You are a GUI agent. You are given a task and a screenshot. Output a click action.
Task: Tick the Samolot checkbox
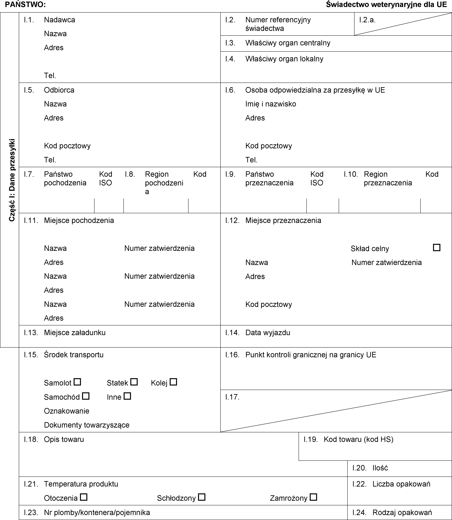click(x=77, y=382)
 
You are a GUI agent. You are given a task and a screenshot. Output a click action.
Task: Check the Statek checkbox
click(x=134, y=382)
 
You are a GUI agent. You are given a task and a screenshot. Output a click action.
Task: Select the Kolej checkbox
click(x=173, y=382)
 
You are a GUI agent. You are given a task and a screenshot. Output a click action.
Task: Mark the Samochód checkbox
click(x=86, y=396)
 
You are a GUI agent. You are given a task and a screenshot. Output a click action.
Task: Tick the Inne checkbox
click(x=127, y=396)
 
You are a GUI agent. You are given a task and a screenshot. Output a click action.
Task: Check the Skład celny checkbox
click(x=437, y=247)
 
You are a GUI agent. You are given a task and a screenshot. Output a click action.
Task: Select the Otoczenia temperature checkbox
click(x=83, y=497)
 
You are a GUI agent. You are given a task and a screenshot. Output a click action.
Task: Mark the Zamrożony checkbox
click(x=313, y=497)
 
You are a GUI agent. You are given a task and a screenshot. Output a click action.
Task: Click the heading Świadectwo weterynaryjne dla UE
click(x=386, y=4)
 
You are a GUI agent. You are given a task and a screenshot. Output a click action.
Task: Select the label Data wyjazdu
click(x=268, y=333)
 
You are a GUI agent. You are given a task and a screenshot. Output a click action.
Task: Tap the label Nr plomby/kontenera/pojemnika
click(x=97, y=513)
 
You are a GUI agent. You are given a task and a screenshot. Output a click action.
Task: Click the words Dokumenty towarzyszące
click(x=87, y=425)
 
